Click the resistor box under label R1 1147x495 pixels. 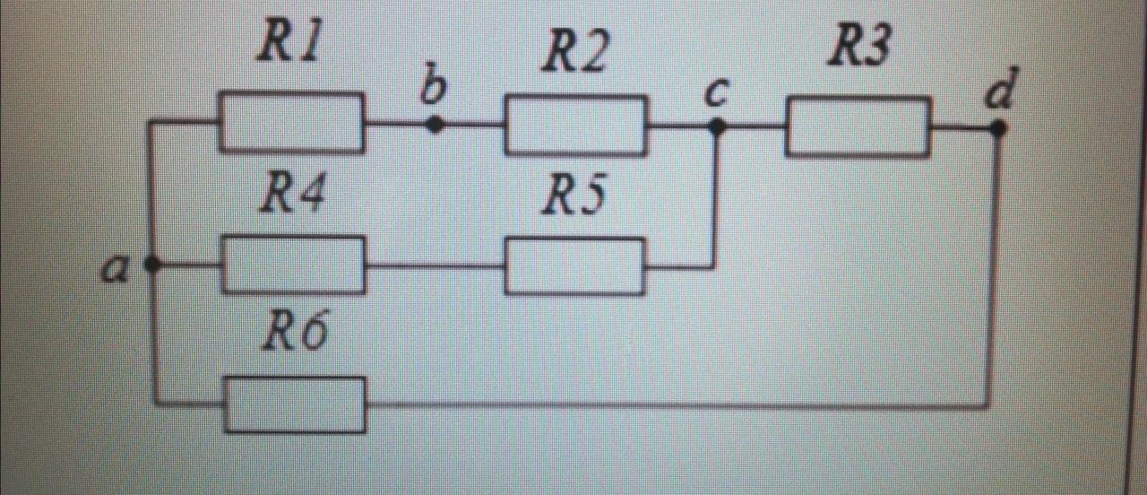pyautogui.click(x=292, y=122)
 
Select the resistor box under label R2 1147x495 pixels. pyautogui.click(x=575, y=126)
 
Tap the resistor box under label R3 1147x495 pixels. pyautogui.click(x=858, y=127)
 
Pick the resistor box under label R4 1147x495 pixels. pyautogui.click(x=293, y=265)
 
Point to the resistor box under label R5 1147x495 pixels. pyautogui.click(x=574, y=266)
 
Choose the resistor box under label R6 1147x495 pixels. pyautogui.click(x=295, y=404)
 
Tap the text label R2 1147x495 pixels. pyautogui.click(x=574, y=55)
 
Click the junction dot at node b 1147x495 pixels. pyautogui.click(x=435, y=125)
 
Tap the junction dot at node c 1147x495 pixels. pyautogui.click(x=716, y=127)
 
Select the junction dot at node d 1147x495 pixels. pyautogui.click(x=998, y=128)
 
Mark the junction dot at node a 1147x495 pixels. pyautogui.click(x=152, y=265)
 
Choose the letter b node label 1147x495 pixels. pyautogui.click(x=435, y=87)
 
